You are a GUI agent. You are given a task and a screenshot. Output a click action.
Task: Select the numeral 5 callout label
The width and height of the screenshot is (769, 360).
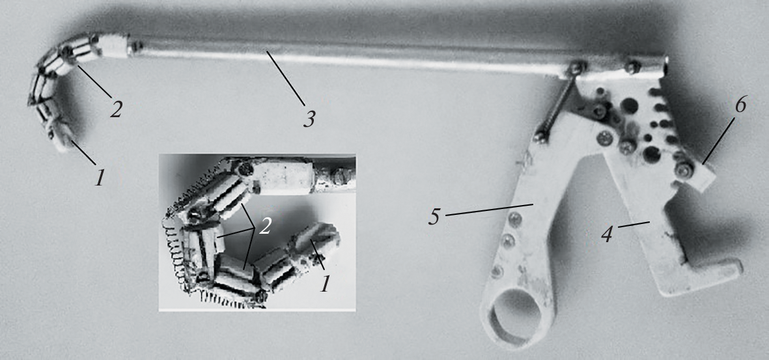pyautogui.click(x=434, y=217)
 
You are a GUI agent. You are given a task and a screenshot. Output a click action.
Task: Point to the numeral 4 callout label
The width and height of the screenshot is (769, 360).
pyautogui.click(x=607, y=234)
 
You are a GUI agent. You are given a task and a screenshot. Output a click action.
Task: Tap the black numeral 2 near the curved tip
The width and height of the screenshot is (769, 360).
pyautogui.click(x=115, y=109)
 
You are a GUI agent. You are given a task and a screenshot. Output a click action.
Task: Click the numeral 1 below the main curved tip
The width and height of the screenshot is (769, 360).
pyautogui.click(x=100, y=178)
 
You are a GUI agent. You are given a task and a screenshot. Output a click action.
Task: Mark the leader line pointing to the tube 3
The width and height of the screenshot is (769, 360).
pyautogui.click(x=285, y=77)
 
